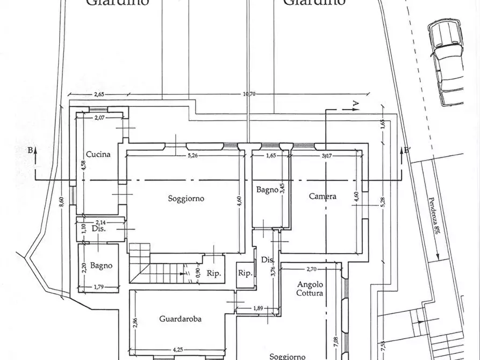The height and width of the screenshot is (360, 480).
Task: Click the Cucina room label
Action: pos(98,154)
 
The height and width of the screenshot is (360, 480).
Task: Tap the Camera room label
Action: pos(323,197)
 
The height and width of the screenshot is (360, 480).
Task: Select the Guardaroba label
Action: pos(180,319)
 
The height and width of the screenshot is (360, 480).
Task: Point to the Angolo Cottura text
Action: pos(310,289)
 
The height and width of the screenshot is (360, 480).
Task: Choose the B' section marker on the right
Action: pos(407,151)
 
